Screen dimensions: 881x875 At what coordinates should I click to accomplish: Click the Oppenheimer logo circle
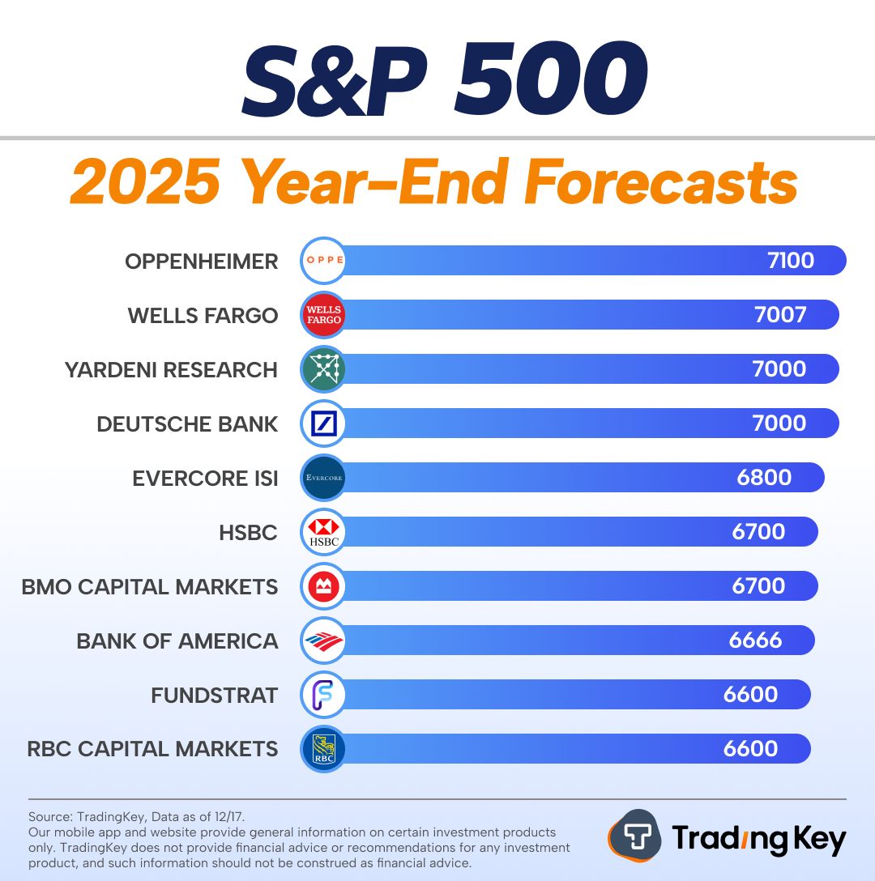pos(323,261)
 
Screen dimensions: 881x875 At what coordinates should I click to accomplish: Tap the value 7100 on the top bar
pos(790,261)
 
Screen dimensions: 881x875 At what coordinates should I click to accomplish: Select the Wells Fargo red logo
pos(323,315)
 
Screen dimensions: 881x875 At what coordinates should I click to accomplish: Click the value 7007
pos(779,315)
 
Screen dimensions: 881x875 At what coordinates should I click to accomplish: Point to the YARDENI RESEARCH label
pos(171,370)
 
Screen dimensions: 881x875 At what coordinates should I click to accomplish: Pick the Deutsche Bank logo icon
pos(323,423)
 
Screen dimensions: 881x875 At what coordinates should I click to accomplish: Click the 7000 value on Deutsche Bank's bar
pos(779,423)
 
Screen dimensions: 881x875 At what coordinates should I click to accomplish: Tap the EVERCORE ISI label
pos(205,479)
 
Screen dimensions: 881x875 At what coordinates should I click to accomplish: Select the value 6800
pos(764,478)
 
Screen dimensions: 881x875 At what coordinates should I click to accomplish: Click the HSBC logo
pos(323,532)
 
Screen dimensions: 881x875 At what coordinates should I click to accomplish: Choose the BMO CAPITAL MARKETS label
pos(150,587)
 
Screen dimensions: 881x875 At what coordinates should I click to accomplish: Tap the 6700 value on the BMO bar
pos(758,586)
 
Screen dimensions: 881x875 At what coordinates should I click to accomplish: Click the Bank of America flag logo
pos(323,641)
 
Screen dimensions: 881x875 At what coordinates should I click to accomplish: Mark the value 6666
pos(755,641)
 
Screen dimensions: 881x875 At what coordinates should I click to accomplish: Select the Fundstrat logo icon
pos(323,695)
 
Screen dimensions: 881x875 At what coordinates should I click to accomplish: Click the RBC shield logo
pos(323,749)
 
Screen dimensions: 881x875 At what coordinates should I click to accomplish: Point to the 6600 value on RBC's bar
pos(750,749)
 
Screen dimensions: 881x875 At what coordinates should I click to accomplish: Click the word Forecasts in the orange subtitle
pos(660,183)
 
